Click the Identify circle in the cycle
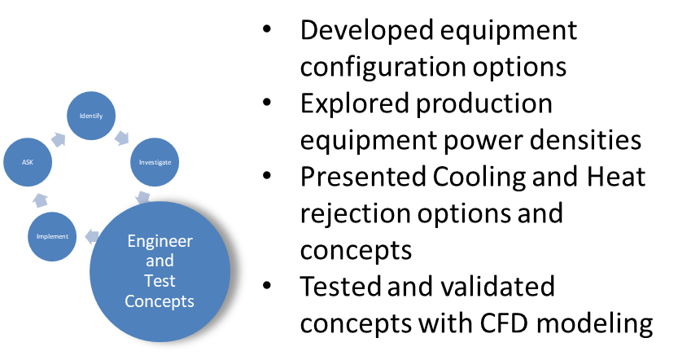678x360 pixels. point(91,116)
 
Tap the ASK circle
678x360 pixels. point(28,163)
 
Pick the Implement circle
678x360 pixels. point(52,236)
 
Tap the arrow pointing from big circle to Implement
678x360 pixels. point(92,237)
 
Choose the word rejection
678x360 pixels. point(356,213)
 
